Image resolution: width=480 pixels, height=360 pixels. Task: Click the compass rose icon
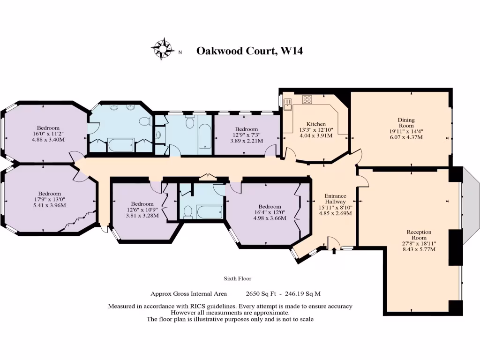162,49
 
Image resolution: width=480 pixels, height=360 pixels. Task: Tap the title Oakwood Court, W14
249,51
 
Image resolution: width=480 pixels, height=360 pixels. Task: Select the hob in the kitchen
307,99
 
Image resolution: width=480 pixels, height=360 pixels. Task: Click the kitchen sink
287,105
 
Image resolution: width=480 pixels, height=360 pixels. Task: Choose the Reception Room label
419,235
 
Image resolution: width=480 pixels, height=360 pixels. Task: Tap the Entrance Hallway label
335,199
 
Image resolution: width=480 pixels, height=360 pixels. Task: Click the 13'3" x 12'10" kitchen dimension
316,130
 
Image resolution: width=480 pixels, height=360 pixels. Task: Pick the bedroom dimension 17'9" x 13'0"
49,199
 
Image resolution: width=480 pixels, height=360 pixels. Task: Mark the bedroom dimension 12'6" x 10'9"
142,210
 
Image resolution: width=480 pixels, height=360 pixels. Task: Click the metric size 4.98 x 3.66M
270,218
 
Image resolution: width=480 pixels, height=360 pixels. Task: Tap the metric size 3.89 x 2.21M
247,141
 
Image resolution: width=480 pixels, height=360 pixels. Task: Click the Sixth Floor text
238,279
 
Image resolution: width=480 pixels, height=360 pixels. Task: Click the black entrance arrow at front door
334,251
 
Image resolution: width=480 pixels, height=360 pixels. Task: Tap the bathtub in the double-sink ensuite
121,145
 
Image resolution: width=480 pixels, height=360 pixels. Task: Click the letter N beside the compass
180,52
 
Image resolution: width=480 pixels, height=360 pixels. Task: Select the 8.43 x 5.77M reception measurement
419,250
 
